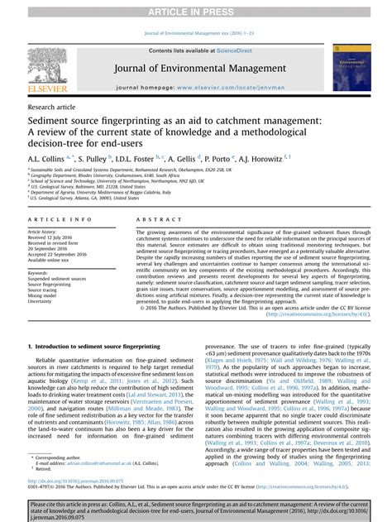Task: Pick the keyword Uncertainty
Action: (x=45, y=302)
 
